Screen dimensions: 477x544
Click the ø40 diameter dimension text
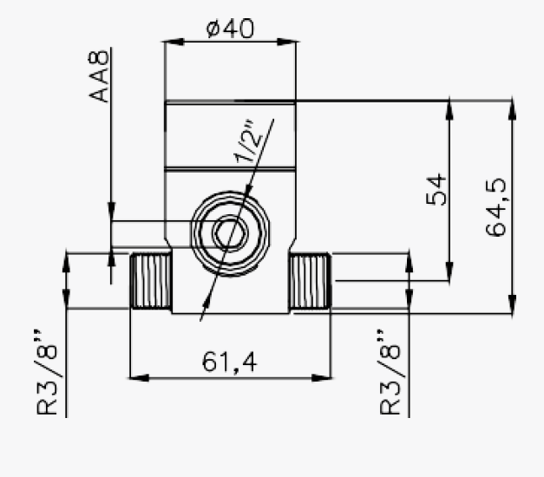tap(230, 29)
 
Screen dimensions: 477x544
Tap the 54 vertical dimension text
tap(439, 189)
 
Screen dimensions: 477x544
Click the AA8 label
tap(102, 76)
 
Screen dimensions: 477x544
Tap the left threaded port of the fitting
tap(150, 281)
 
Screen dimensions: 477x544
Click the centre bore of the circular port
tap(230, 233)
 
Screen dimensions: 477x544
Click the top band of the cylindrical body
tap(231, 134)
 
